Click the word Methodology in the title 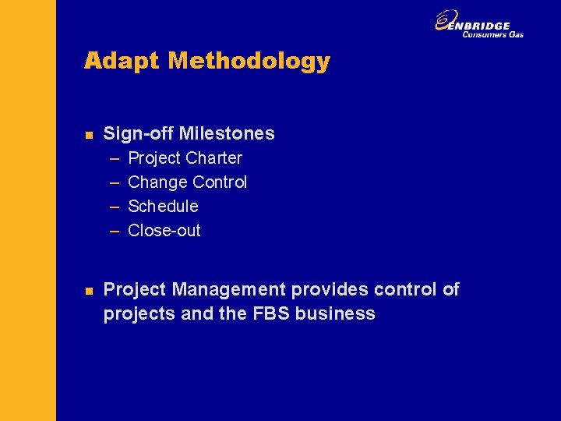coord(249,61)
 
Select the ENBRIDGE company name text coord(485,25)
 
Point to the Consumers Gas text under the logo coord(492,34)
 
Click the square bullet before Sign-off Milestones coord(89,135)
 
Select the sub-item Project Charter coord(185,158)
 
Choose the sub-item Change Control coord(187,182)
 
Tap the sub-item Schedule coord(163,207)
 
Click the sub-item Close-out coord(164,231)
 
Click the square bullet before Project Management coord(89,291)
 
